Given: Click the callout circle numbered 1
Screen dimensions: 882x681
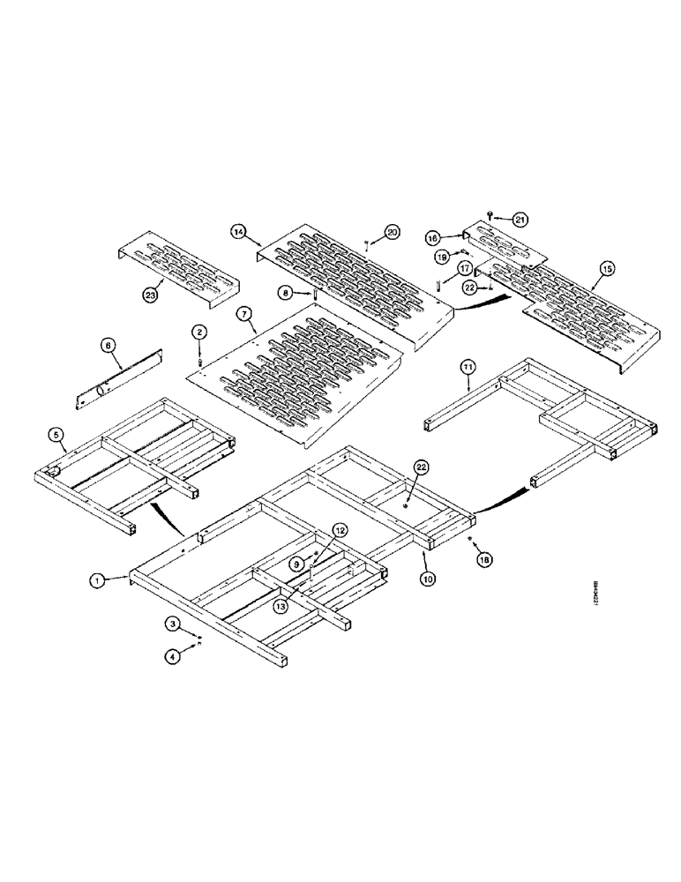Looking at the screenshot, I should point(96,579).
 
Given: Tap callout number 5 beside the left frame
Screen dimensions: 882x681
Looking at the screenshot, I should point(56,434).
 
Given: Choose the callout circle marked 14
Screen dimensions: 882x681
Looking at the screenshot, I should point(238,231).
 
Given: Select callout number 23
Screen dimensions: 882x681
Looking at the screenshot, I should point(151,296).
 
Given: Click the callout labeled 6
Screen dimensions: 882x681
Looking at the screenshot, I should point(108,348).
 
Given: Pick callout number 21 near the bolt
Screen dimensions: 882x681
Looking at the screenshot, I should point(520,218).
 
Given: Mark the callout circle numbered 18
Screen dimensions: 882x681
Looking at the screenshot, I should point(483,559).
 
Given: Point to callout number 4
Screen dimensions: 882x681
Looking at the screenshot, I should point(172,654).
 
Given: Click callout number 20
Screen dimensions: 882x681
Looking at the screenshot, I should point(393,231).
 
